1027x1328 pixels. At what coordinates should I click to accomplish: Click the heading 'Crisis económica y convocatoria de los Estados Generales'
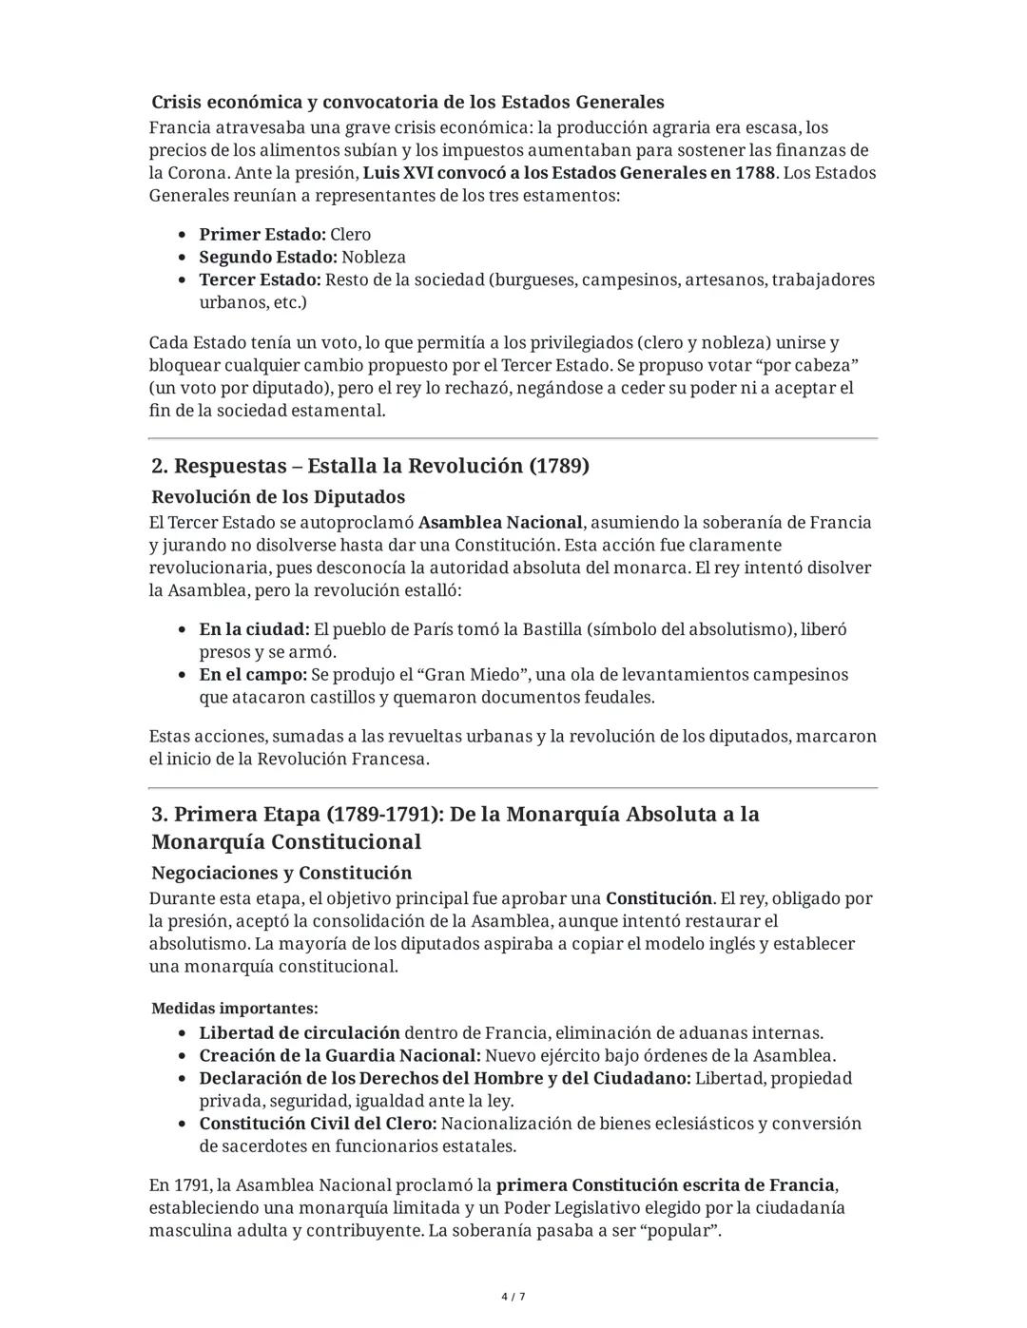click(407, 102)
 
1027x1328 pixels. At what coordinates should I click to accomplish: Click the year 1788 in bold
click(755, 173)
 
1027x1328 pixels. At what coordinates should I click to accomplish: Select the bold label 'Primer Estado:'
click(262, 234)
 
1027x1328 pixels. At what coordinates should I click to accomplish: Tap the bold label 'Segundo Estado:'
click(267, 257)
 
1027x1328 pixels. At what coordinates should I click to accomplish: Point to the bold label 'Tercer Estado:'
click(260, 279)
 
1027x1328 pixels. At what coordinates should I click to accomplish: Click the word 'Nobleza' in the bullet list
click(374, 257)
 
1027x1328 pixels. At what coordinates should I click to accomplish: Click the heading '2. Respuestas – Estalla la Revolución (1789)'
click(370, 466)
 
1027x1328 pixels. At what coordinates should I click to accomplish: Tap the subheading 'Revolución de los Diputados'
click(278, 497)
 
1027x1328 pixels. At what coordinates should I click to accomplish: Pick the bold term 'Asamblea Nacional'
click(500, 522)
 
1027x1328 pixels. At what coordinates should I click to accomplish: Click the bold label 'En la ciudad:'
click(254, 629)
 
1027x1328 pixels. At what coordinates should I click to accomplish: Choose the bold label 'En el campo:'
click(253, 675)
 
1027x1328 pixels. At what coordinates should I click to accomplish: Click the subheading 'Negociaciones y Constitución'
click(281, 873)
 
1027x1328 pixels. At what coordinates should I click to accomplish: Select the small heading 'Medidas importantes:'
click(235, 1008)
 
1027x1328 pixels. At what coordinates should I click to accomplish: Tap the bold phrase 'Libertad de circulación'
click(299, 1032)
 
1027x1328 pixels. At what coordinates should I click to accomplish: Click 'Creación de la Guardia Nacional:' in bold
click(339, 1055)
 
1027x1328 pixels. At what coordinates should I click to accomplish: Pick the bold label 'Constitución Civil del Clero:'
click(318, 1124)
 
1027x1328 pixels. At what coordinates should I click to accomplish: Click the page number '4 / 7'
click(513, 1297)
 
